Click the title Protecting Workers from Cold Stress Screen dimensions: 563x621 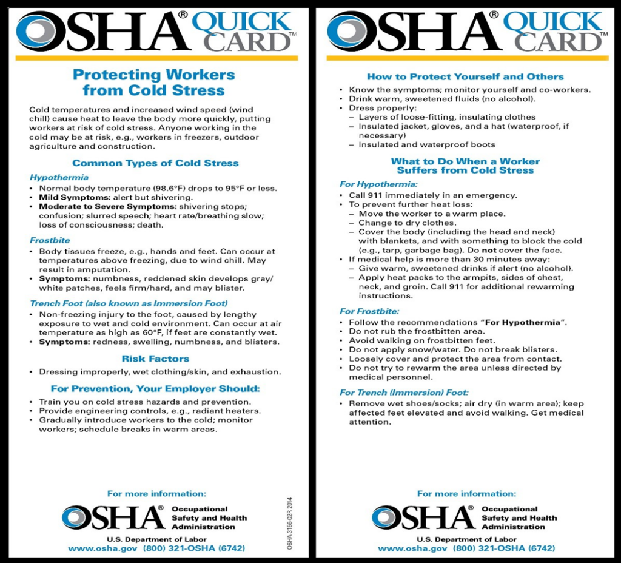[153, 83]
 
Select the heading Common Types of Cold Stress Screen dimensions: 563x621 [155, 163]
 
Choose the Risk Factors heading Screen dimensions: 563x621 [155, 359]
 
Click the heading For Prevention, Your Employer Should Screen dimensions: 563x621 [155, 388]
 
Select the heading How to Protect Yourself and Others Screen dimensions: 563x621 [465, 76]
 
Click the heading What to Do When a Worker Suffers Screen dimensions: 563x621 [465, 166]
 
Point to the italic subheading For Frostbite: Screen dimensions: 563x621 [369, 311]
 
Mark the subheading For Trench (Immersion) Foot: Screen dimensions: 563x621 [404, 393]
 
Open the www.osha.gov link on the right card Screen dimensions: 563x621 [412, 548]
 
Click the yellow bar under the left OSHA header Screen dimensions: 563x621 [156, 58]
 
